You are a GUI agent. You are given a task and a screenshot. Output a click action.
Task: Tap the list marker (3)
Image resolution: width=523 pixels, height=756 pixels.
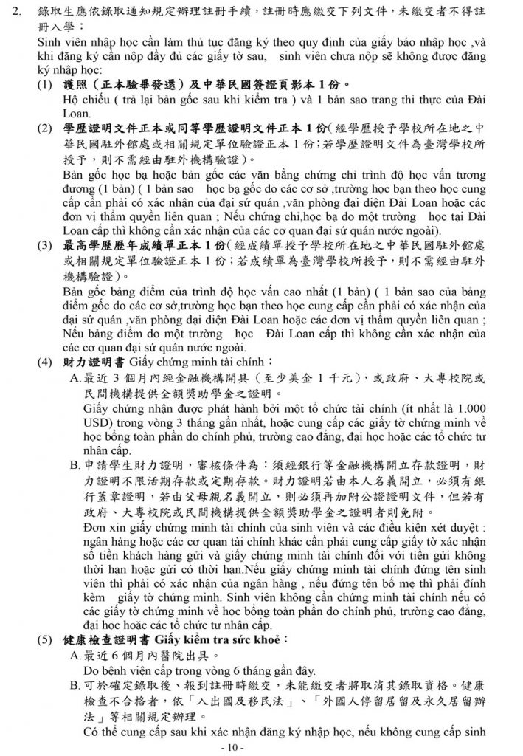click(46, 244)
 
